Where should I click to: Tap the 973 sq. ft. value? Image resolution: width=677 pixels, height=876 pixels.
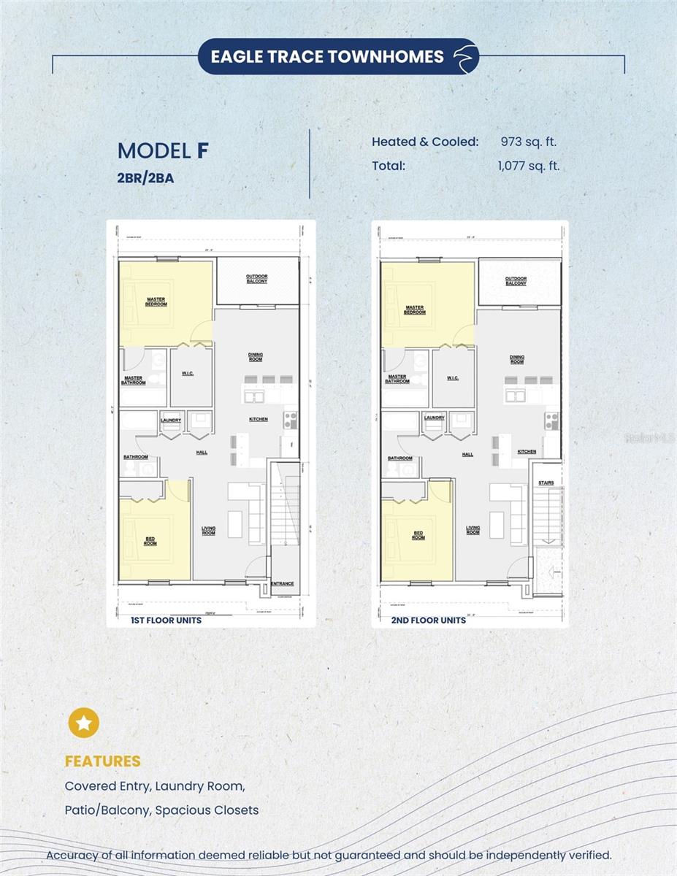[528, 142]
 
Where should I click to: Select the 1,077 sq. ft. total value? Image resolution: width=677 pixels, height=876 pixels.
[528, 166]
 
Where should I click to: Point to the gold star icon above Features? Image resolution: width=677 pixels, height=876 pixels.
[84, 723]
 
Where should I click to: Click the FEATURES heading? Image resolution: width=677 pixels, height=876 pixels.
[102, 761]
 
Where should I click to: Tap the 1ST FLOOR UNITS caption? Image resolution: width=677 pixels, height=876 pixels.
[166, 620]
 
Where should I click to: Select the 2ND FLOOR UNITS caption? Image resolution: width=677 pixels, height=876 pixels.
[429, 620]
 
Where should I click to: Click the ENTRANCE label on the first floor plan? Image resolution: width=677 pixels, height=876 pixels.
[282, 583]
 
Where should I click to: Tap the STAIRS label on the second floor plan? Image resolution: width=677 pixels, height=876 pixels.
[546, 483]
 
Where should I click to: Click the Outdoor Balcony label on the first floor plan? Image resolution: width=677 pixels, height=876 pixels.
[256, 279]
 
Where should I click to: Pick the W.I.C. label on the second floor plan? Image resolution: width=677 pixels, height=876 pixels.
[452, 377]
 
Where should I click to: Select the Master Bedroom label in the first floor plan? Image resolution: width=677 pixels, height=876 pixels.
[156, 301]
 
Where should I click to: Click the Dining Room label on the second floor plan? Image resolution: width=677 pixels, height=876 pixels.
[517, 359]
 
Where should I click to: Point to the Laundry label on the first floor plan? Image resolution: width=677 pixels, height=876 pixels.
[171, 420]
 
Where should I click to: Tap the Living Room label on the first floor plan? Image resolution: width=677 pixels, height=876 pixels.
[209, 531]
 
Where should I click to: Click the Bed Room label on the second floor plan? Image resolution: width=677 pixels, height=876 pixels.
[418, 535]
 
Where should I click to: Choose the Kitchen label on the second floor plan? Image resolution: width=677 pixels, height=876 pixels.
[527, 452]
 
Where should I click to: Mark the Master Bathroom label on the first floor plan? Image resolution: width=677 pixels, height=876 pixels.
[134, 380]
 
